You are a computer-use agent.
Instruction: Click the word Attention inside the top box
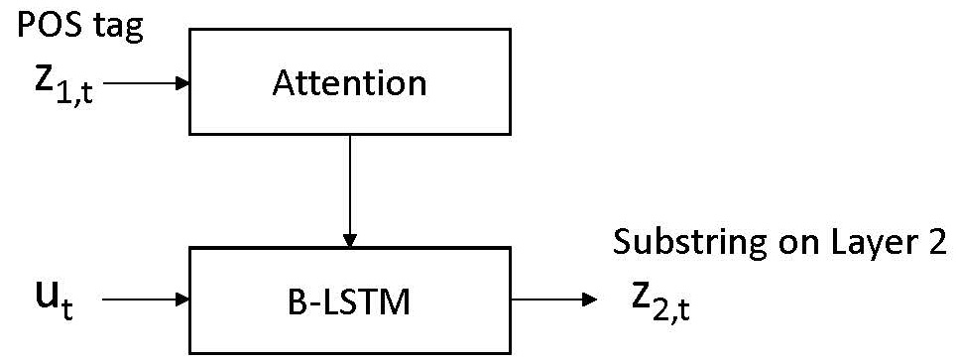(349, 82)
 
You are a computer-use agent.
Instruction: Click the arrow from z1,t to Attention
(144, 83)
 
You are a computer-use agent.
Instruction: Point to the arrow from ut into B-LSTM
(144, 297)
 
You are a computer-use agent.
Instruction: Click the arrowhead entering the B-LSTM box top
(349, 240)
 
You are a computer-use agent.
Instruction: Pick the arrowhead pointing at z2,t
(591, 297)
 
